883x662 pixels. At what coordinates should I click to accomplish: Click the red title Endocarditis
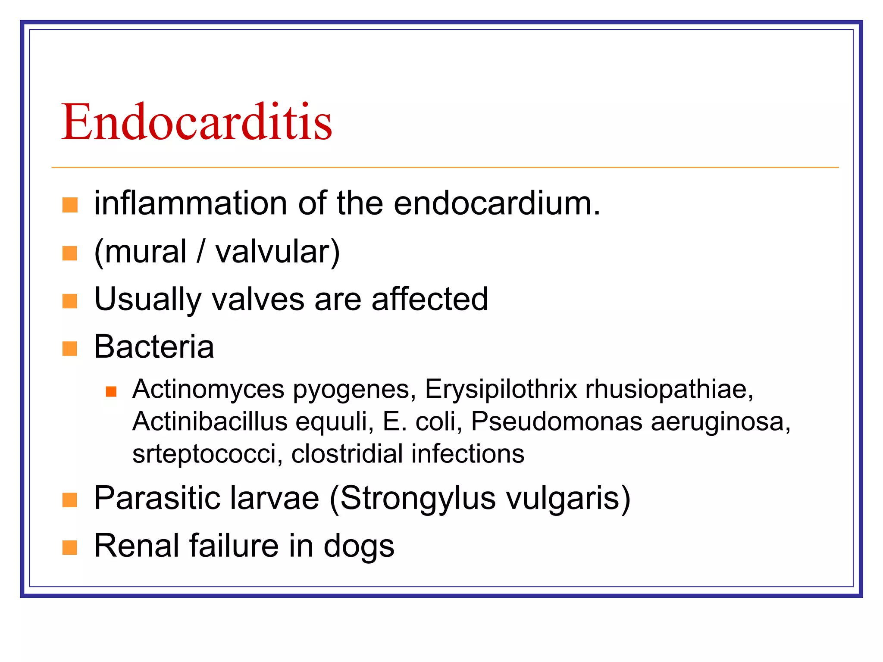pos(197,122)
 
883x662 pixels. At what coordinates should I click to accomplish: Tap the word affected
pos(429,299)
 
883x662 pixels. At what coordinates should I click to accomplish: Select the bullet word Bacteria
pos(154,347)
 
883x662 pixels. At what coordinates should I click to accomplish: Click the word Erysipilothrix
pos(501,390)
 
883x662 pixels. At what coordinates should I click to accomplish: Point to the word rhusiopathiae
pos(668,390)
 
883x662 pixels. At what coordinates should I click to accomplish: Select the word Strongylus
pos(418,499)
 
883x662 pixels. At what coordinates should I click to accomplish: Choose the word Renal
pos(136,546)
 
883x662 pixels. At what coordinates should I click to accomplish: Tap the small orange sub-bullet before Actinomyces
pos(111,391)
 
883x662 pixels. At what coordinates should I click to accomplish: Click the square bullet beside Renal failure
pos(70,547)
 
